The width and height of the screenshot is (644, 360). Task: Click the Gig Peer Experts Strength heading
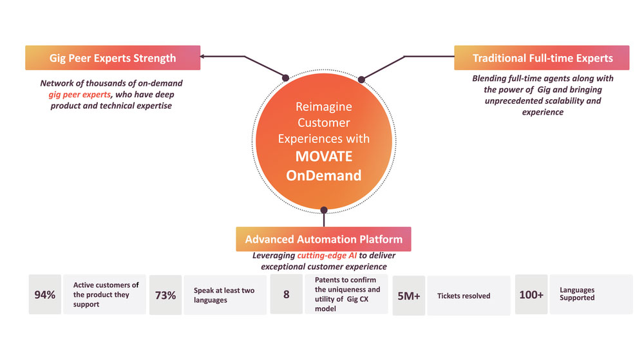(x=113, y=58)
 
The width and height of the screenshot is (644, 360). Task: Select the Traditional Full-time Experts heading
(x=542, y=58)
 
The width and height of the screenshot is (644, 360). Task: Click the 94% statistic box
(x=44, y=295)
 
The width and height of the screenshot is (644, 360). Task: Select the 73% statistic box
(x=166, y=295)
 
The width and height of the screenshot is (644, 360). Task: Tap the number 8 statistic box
(x=286, y=295)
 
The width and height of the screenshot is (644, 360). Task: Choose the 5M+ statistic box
(x=408, y=295)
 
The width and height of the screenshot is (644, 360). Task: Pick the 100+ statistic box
(x=531, y=295)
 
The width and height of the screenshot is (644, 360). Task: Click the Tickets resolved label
(x=464, y=296)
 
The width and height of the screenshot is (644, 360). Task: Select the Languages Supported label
(x=577, y=294)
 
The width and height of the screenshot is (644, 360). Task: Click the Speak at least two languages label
(x=223, y=295)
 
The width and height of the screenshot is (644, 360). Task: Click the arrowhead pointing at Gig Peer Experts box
(x=203, y=57)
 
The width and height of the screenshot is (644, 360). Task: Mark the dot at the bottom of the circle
(x=324, y=209)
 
